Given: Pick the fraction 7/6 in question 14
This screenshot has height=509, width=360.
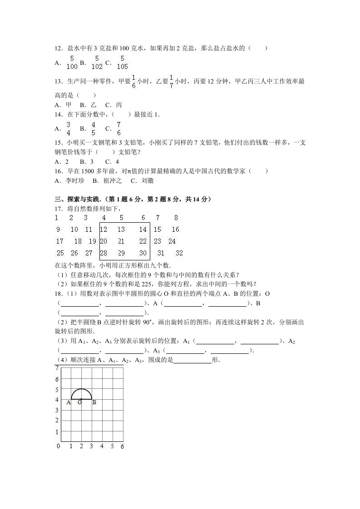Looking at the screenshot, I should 118,129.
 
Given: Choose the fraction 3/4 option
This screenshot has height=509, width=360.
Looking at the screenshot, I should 68,129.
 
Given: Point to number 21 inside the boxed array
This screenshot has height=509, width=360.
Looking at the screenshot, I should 121,242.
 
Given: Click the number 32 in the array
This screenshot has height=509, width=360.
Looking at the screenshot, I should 179,253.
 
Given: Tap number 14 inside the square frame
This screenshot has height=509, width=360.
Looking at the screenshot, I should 143,230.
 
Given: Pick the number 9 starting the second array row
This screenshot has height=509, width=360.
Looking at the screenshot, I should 58,230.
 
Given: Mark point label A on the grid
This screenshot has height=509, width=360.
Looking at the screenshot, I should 69,402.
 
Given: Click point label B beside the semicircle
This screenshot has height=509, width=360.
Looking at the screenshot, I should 94,402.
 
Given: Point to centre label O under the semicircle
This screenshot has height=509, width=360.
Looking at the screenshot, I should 79,402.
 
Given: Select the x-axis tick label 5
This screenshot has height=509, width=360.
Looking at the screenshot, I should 112,446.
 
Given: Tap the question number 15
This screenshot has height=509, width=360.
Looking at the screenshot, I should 58,142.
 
